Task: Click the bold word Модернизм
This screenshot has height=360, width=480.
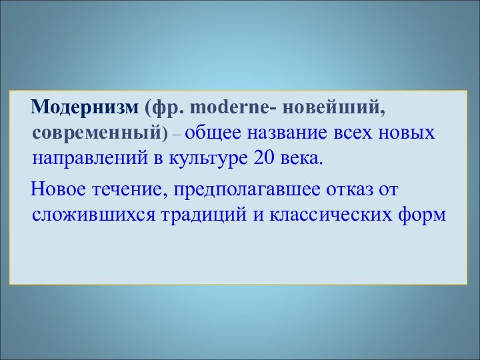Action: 85,107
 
